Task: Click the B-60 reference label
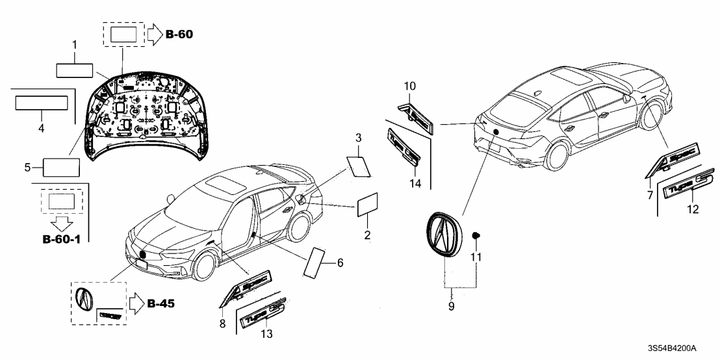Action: click(179, 33)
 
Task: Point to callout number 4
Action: click(41, 129)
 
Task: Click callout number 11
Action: click(476, 258)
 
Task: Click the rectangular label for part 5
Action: click(61, 168)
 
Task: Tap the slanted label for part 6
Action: click(316, 263)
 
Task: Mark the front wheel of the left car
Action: click(204, 268)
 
